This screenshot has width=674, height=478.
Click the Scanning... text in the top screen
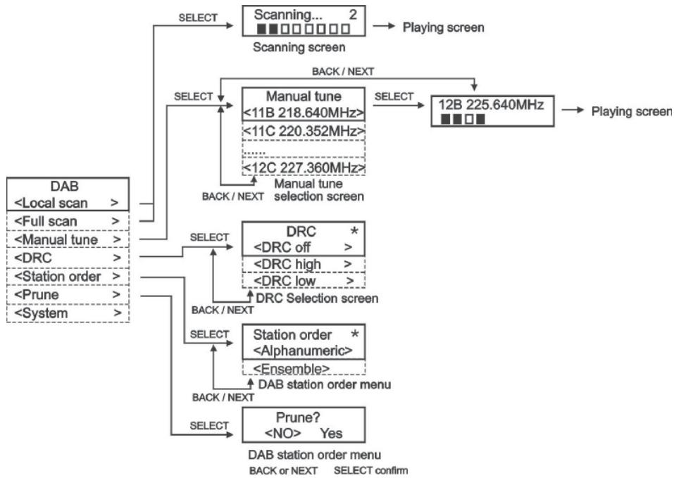click(x=282, y=13)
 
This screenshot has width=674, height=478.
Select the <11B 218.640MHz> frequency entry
click(x=304, y=113)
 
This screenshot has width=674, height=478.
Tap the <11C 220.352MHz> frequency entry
click(x=304, y=132)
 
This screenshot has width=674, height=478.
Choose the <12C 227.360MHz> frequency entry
click(x=304, y=167)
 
